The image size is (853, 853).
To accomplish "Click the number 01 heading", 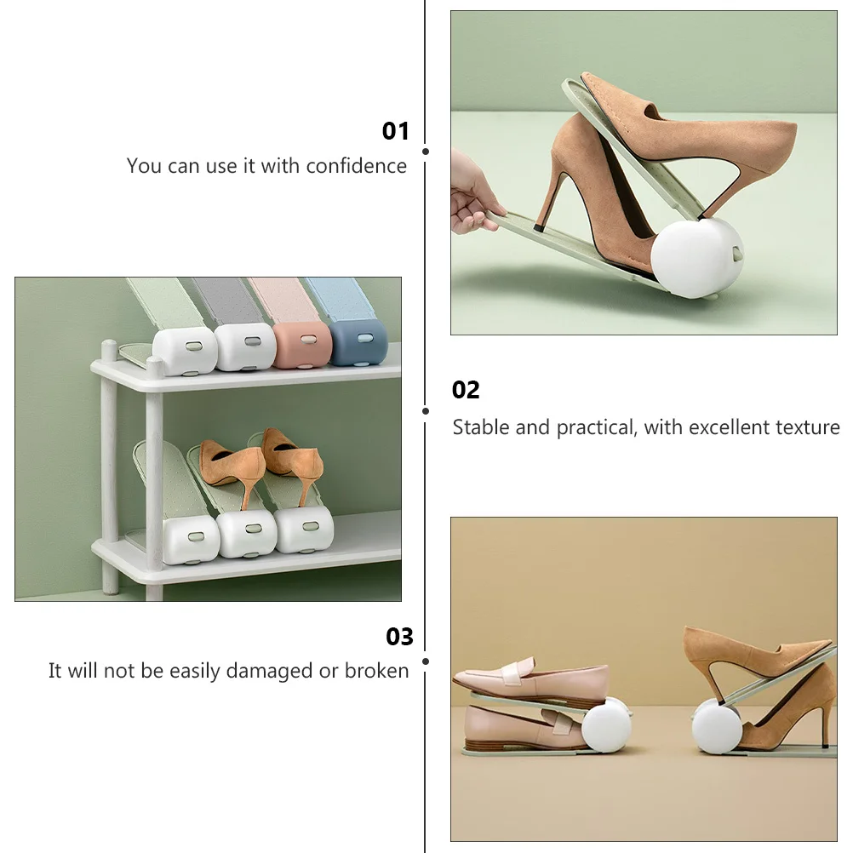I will [396, 131].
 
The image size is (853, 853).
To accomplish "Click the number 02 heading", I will [466, 390].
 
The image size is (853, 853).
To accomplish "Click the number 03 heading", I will [399, 637].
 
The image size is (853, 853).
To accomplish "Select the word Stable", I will [480, 427].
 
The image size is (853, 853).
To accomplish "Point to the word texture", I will [807, 427].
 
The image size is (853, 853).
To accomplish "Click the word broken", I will [376, 671].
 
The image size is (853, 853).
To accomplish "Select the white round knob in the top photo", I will [696, 258].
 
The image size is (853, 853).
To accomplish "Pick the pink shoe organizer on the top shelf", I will [302, 342].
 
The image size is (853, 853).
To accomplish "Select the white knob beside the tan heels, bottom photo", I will [717, 726].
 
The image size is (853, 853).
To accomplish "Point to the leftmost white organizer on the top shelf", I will [185, 349].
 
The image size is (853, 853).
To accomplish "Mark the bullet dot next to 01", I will [426, 151].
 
